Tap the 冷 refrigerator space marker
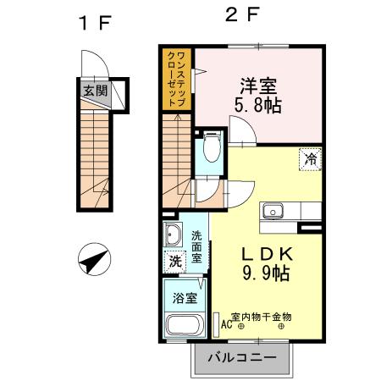[x=310, y=157]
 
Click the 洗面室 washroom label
[x=196, y=246]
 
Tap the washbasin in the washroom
[x=174, y=235]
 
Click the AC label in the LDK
[x=226, y=323]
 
